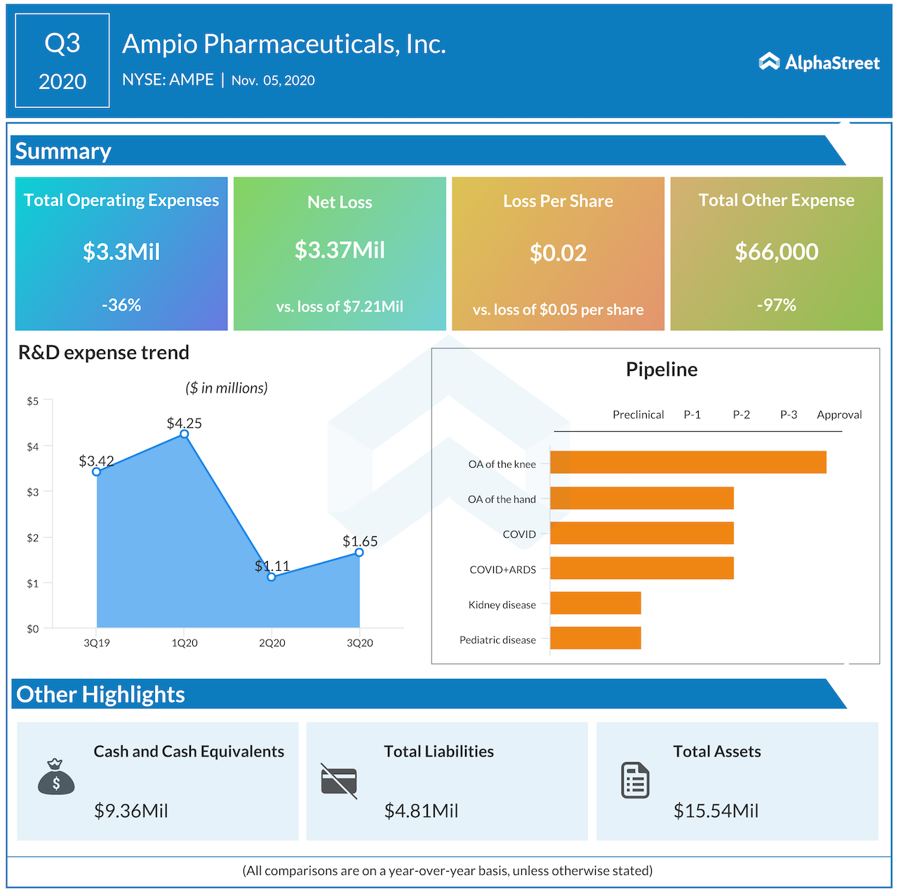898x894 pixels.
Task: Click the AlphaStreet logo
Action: [819, 62]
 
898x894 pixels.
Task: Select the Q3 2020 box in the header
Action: [62, 61]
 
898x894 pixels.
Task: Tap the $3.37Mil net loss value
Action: [340, 250]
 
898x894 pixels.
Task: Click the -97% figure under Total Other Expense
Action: [776, 305]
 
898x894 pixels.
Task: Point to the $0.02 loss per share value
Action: [558, 253]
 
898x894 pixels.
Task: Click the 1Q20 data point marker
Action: [185, 434]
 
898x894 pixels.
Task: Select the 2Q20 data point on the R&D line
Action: [272, 576]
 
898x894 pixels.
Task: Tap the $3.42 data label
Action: [96, 461]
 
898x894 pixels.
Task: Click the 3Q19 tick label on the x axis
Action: [97, 643]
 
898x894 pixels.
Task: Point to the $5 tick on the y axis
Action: [32, 401]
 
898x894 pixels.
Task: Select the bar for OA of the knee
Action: [688, 463]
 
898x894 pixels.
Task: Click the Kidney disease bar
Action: [596, 603]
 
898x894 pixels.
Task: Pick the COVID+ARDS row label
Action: [502, 569]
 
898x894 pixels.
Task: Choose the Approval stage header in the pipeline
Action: [839, 414]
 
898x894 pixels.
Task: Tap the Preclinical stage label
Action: [638, 414]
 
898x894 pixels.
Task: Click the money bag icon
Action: [56, 777]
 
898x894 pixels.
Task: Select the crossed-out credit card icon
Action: [339, 780]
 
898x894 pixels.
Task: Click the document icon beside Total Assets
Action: [635, 780]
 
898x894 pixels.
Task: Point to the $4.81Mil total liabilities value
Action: [421, 811]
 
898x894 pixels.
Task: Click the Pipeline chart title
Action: [662, 370]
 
